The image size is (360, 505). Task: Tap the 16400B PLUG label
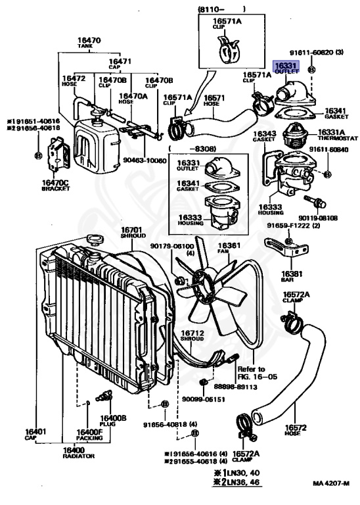pos(113,421)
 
